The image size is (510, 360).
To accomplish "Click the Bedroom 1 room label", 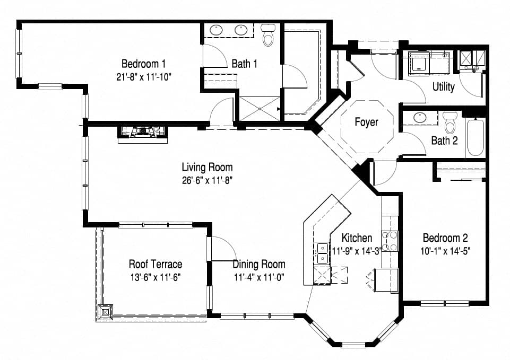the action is [143, 63].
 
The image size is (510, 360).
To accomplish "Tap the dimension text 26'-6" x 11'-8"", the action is [207, 180].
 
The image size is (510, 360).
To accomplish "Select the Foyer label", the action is [366, 122].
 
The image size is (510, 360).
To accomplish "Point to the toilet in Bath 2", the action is [450, 122].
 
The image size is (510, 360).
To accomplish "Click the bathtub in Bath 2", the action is [475, 137].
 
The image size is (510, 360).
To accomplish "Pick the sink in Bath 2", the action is [420, 118].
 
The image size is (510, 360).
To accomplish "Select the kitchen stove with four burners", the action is [390, 241].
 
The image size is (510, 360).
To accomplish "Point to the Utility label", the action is [443, 87].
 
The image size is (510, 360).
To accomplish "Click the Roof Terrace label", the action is [155, 264].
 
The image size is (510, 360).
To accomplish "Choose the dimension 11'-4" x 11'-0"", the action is [259, 277].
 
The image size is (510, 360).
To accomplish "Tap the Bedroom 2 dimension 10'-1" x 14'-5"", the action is [446, 251].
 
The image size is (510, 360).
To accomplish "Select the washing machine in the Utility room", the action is [420, 63].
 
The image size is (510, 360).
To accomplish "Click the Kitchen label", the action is [357, 238].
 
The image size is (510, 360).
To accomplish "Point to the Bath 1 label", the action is [245, 64].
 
